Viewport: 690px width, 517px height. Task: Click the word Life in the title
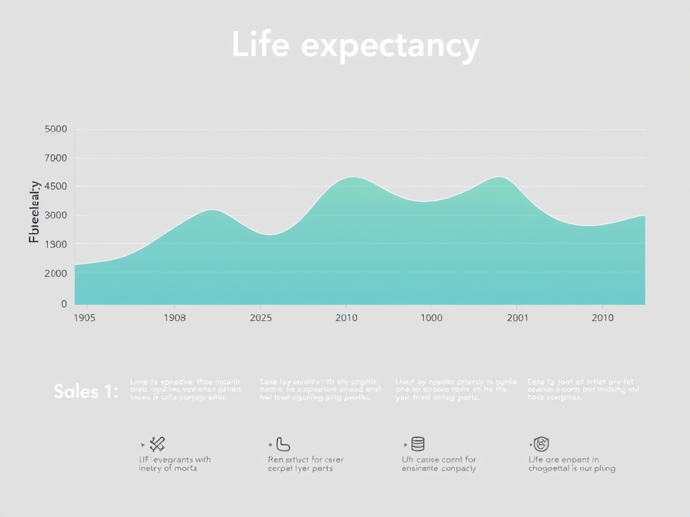coord(261,46)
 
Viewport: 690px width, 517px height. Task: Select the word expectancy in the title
coord(390,47)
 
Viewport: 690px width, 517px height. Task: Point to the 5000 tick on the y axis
coord(56,129)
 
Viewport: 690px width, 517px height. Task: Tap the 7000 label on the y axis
coord(56,158)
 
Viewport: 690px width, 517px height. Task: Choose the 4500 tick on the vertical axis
coord(56,186)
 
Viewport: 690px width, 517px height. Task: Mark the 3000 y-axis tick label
coord(56,215)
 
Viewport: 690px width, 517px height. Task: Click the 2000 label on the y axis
coord(56,273)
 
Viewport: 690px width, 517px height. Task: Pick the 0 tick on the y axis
coord(63,304)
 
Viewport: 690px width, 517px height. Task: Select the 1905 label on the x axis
coord(85,318)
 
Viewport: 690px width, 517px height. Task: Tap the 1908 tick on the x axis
coord(175,318)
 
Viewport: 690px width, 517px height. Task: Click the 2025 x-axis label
coord(261,318)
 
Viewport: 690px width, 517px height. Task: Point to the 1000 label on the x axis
coord(431,318)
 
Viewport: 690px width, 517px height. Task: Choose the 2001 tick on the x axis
coord(517,318)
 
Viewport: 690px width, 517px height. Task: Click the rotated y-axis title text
coord(34,212)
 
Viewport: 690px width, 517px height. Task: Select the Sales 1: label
coord(86,391)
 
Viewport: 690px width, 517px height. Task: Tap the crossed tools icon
coord(158,444)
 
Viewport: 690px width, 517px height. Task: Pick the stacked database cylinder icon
coord(418,444)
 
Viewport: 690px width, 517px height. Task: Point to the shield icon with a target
coord(541,444)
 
